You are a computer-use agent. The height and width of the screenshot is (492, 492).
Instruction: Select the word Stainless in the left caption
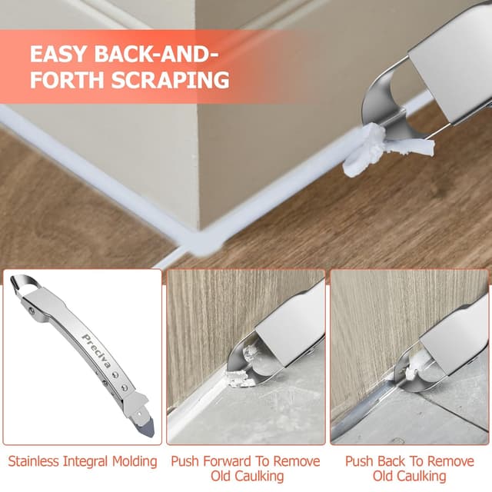coord(36,461)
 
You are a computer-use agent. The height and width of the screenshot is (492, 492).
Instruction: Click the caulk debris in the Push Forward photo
coord(236,377)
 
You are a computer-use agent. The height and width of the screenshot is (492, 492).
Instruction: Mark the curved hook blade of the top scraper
coord(388,100)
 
